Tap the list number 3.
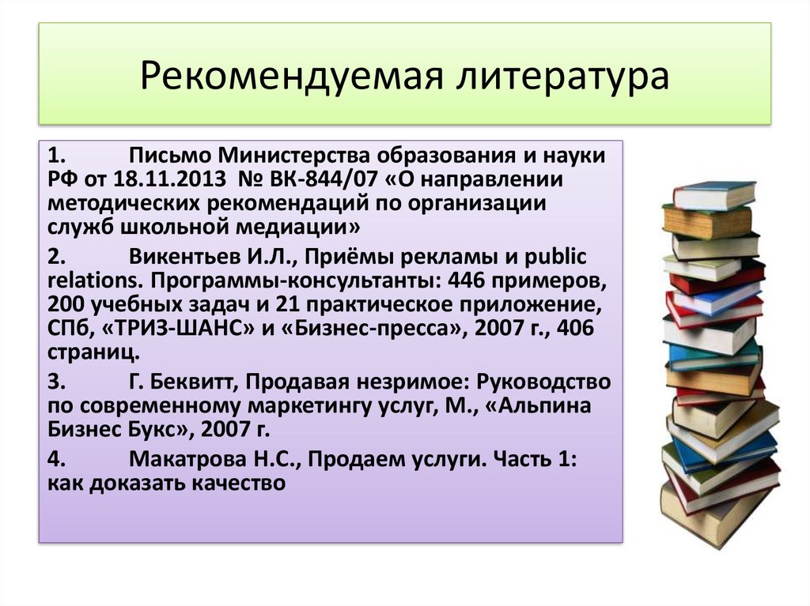pyautogui.click(x=55, y=383)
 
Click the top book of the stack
pyautogui.click(x=714, y=194)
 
